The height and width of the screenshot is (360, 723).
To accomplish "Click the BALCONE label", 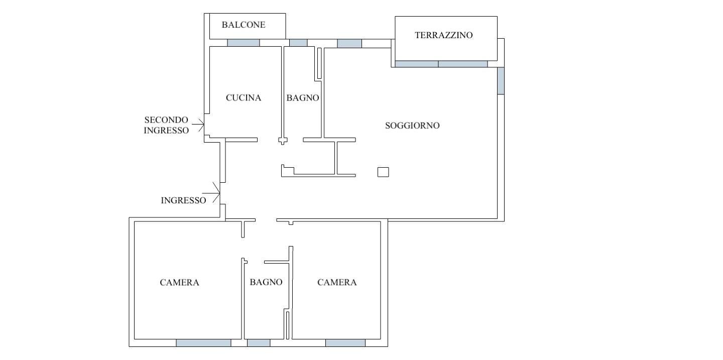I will pos(244,25).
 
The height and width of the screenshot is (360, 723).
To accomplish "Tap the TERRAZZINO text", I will pos(444,35).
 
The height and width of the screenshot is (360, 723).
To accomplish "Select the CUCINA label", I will pos(244,98).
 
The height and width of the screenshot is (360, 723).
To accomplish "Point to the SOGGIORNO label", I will pos(412,126).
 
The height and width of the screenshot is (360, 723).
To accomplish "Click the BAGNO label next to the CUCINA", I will pos(303,98).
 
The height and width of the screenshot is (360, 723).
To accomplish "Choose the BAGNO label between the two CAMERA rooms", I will pos(266,282).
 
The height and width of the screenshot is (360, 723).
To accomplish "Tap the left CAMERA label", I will pos(179,283).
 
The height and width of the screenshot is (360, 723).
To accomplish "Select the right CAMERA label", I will pos(337,283).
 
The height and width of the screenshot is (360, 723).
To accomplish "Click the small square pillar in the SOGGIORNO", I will pos(383,172).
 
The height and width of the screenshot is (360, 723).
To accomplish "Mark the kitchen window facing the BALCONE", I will pos(244,43).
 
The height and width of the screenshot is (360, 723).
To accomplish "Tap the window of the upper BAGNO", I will pos(298,43).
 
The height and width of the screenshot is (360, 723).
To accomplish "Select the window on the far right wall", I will pos(501,81).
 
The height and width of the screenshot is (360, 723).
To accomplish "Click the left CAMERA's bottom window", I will pos(203,343).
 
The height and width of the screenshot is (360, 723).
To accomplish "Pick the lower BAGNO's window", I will pos(259,343).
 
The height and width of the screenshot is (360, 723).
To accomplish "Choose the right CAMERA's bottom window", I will pos(345,343).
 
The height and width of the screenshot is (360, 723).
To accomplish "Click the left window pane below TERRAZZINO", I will pos(417,64).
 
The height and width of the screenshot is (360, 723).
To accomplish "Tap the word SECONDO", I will pos(166,120).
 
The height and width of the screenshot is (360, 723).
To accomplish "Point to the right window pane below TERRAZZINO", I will pos(463,64).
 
